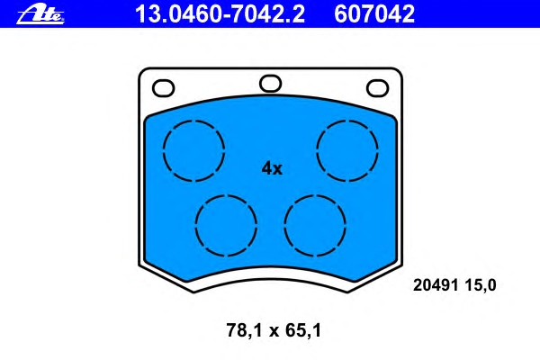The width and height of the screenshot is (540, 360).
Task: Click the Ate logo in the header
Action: point(40,14)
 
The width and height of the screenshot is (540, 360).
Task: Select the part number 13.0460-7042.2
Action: point(220,14)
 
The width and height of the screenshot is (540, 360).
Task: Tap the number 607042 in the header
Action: point(374,14)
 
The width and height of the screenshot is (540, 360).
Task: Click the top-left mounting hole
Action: point(163,88)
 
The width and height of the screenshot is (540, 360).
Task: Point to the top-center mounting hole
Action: point(270,84)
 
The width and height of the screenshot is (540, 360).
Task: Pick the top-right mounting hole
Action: point(377,88)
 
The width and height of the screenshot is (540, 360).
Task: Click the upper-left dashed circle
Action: point(163,150)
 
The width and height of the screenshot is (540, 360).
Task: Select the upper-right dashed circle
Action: point(317,150)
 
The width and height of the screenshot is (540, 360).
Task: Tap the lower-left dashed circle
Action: point(195,226)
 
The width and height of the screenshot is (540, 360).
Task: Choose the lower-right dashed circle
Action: point(284,226)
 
